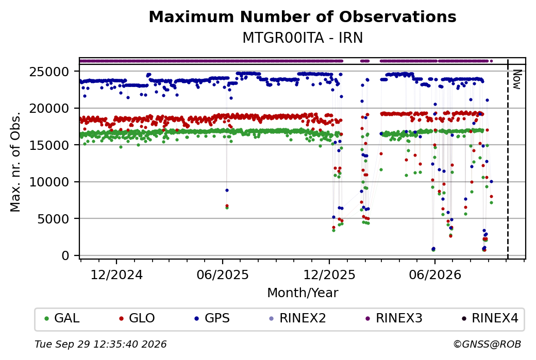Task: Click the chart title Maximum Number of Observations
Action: point(303,16)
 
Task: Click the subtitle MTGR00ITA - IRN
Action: point(303,38)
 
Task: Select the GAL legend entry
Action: point(62,318)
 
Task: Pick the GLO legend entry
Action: point(137,318)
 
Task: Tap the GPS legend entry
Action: point(212,318)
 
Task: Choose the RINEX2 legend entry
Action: point(297,318)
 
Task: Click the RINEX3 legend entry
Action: point(394,318)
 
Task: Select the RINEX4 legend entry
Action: point(490,318)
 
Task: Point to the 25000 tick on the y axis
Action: point(49,72)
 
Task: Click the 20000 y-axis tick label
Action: point(49,109)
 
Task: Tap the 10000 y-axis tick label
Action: point(49,182)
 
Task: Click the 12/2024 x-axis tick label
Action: point(116,275)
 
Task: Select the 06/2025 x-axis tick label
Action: point(223,275)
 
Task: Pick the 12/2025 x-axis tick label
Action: point(329,275)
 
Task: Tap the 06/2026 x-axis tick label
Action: point(435,275)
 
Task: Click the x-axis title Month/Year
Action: point(303,293)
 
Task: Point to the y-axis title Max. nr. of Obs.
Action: point(16,162)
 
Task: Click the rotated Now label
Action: point(517,80)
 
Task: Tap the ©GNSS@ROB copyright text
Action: point(487,344)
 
